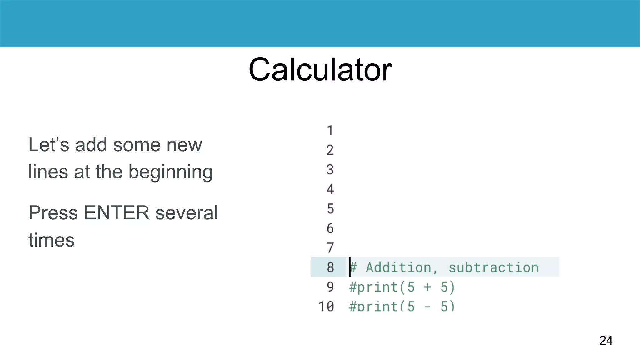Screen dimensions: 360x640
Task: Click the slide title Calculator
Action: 320,69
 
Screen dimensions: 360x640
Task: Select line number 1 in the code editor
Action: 330,131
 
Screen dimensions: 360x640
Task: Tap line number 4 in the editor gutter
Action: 330,189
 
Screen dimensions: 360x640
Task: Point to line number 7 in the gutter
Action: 330,248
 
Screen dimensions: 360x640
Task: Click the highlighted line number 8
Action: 330,267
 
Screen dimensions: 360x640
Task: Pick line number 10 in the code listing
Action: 326,306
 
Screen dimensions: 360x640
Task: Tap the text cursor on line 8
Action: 350,267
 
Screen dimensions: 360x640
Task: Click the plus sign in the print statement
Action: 427,287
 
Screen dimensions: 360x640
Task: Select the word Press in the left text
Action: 53,213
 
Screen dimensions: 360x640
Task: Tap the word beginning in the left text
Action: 170,172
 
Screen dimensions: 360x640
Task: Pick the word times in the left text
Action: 52,240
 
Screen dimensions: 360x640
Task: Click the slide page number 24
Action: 606,340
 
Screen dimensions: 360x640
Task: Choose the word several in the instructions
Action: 187,213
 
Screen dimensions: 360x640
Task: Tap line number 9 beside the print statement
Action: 330,287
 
